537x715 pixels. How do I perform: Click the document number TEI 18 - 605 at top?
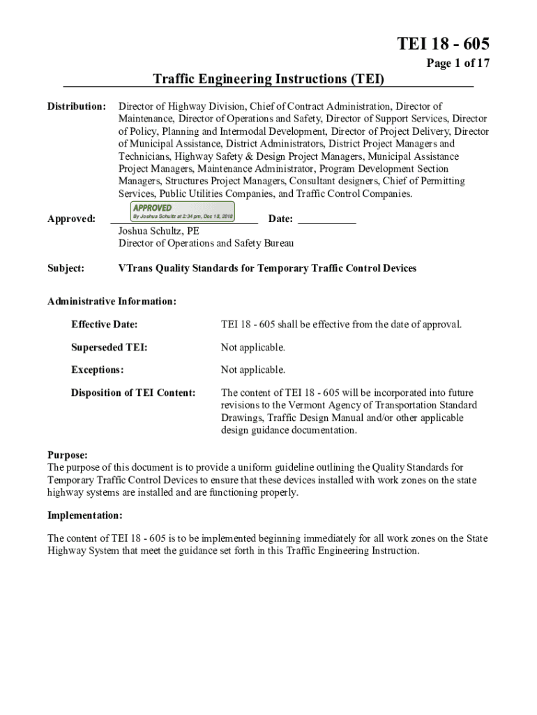pos(443,44)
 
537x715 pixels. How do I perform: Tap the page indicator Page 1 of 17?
pos(457,63)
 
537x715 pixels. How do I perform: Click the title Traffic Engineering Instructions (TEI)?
pos(268,79)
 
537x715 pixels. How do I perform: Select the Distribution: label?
pos(76,107)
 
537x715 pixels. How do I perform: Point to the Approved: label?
pos(71,219)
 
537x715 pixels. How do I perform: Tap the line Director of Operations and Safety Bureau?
pos(206,243)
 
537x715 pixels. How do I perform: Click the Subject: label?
pos(66,268)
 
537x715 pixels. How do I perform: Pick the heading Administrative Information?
pos(112,302)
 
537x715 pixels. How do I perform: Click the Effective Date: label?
pos(104,325)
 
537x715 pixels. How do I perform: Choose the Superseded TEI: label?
pos(109,347)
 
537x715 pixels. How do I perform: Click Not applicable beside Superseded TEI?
pos(253,347)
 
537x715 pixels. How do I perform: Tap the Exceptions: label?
pos(98,369)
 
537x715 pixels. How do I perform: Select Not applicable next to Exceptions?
pos(253,369)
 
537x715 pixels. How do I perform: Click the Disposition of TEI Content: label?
pos(133,392)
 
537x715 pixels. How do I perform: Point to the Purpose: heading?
pos(68,455)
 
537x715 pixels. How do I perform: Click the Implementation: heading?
pos(84,516)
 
